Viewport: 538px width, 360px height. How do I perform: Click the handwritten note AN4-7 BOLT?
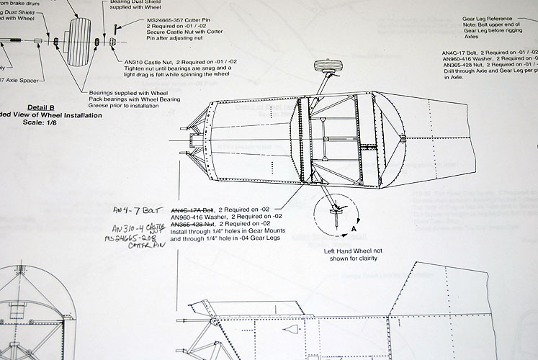[135, 211]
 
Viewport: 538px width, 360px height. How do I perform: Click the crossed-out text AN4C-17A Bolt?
[192, 209]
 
